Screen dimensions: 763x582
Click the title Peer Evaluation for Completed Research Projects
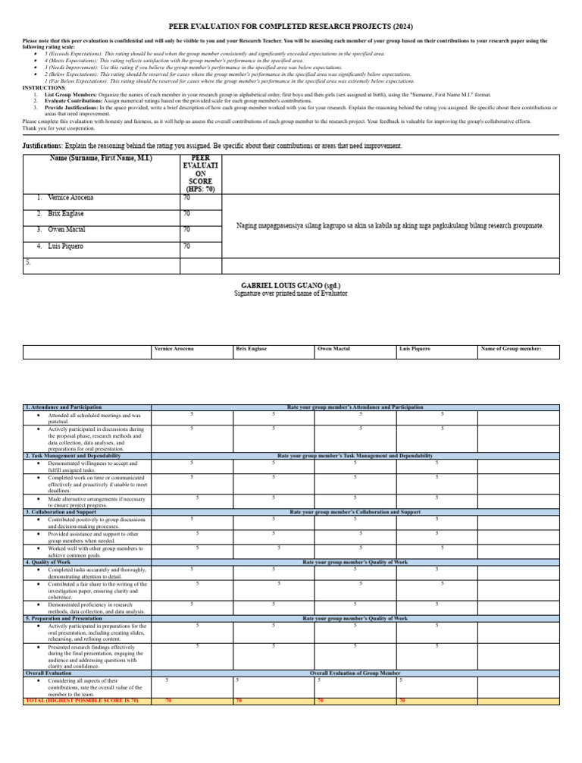coord(291,25)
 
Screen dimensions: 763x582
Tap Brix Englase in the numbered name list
coord(72,214)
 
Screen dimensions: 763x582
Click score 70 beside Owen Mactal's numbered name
coord(186,229)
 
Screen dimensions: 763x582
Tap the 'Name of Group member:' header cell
coord(510,349)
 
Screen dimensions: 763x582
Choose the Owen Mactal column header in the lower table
coord(333,349)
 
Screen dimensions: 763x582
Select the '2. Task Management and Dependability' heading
coord(73,456)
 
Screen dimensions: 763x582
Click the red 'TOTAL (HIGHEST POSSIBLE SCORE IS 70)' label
coord(82,700)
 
